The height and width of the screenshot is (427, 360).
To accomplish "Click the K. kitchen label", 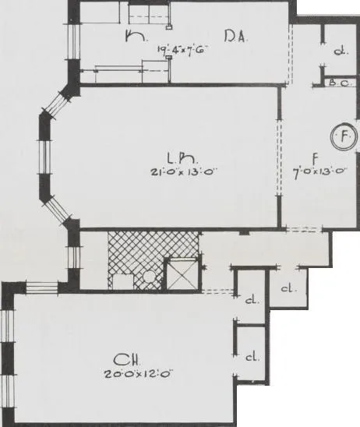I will (x=133, y=35).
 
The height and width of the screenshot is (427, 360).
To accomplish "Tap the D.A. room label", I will (x=236, y=36).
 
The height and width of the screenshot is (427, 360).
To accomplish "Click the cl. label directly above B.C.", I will (x=340, y=51).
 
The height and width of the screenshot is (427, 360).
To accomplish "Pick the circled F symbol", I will (x=343, y=138).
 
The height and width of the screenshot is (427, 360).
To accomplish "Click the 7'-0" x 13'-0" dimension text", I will (x=318, y=172).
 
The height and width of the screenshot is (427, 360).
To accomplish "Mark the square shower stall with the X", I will (x=182, y=275).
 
